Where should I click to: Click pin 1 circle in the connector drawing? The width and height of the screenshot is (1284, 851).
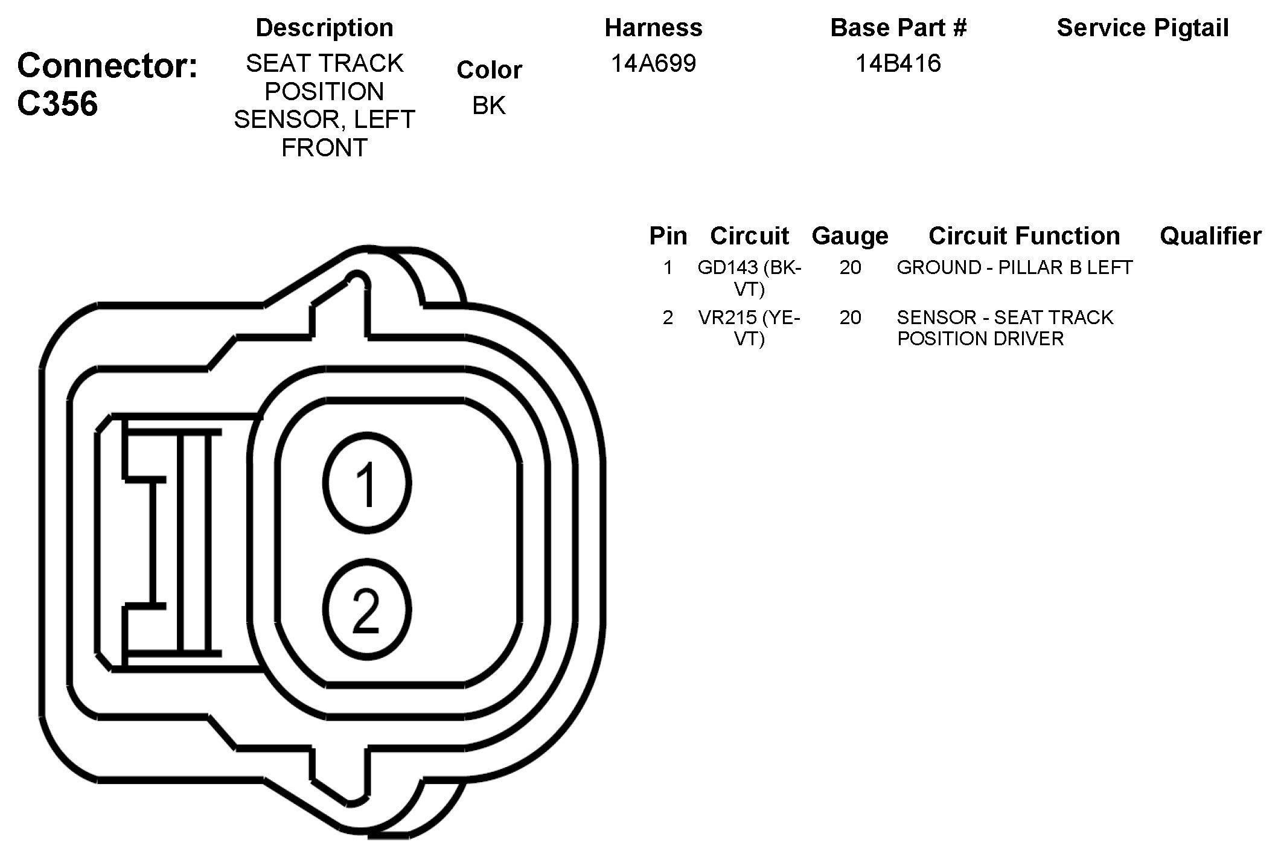tap(367, 483)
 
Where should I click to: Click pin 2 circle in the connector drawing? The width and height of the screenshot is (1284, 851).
tap(367, 610)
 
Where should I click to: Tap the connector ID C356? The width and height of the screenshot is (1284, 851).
tap(57, 104)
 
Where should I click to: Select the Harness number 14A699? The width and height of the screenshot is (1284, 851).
tap(653, 63)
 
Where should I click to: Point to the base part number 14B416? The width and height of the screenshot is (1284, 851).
tap(898, 63)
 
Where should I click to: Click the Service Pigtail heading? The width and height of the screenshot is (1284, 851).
tap(1143, 28)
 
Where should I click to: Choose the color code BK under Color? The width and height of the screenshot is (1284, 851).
tap(488, 105)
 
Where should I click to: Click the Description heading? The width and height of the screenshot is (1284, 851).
tap(324, 28)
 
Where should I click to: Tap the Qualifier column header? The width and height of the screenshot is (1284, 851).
tap(1210, 235)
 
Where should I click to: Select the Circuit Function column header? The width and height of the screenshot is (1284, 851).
tap(1024, 235)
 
